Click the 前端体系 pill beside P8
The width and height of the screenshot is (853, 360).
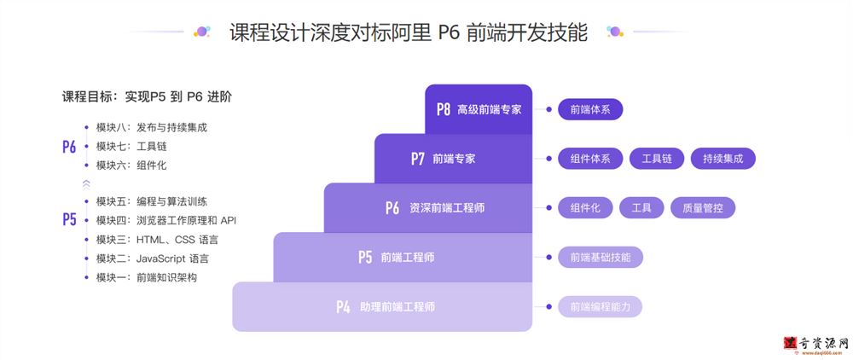point(590,109)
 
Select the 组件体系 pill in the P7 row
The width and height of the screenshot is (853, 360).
point(590,159)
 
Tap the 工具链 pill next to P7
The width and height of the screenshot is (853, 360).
point(657,159)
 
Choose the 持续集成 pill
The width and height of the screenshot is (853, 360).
point(723,159)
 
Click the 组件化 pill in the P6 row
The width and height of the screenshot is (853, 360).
point(585,208)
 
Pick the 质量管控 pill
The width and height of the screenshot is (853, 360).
point(703,208)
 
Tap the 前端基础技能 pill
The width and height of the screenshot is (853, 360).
point(601,258)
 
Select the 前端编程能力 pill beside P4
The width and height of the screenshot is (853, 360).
point(600,307)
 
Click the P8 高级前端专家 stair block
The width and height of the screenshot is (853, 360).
point(479,109)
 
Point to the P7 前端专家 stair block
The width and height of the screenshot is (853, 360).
point(453,159)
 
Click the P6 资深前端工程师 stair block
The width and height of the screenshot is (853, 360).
point(427,208)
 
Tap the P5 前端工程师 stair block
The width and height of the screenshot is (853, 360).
point(403,258)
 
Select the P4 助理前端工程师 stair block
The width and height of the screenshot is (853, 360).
point(382,307)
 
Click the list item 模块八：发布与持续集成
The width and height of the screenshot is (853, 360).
point(152,128)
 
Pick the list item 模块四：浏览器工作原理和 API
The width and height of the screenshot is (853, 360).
point(166,220)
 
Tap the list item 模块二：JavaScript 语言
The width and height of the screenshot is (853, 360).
point(153,258)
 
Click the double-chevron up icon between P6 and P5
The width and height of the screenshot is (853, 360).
point(86,183)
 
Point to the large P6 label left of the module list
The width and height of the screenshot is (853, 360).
point(69,147)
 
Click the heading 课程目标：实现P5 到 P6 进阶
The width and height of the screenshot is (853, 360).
point(147,97)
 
